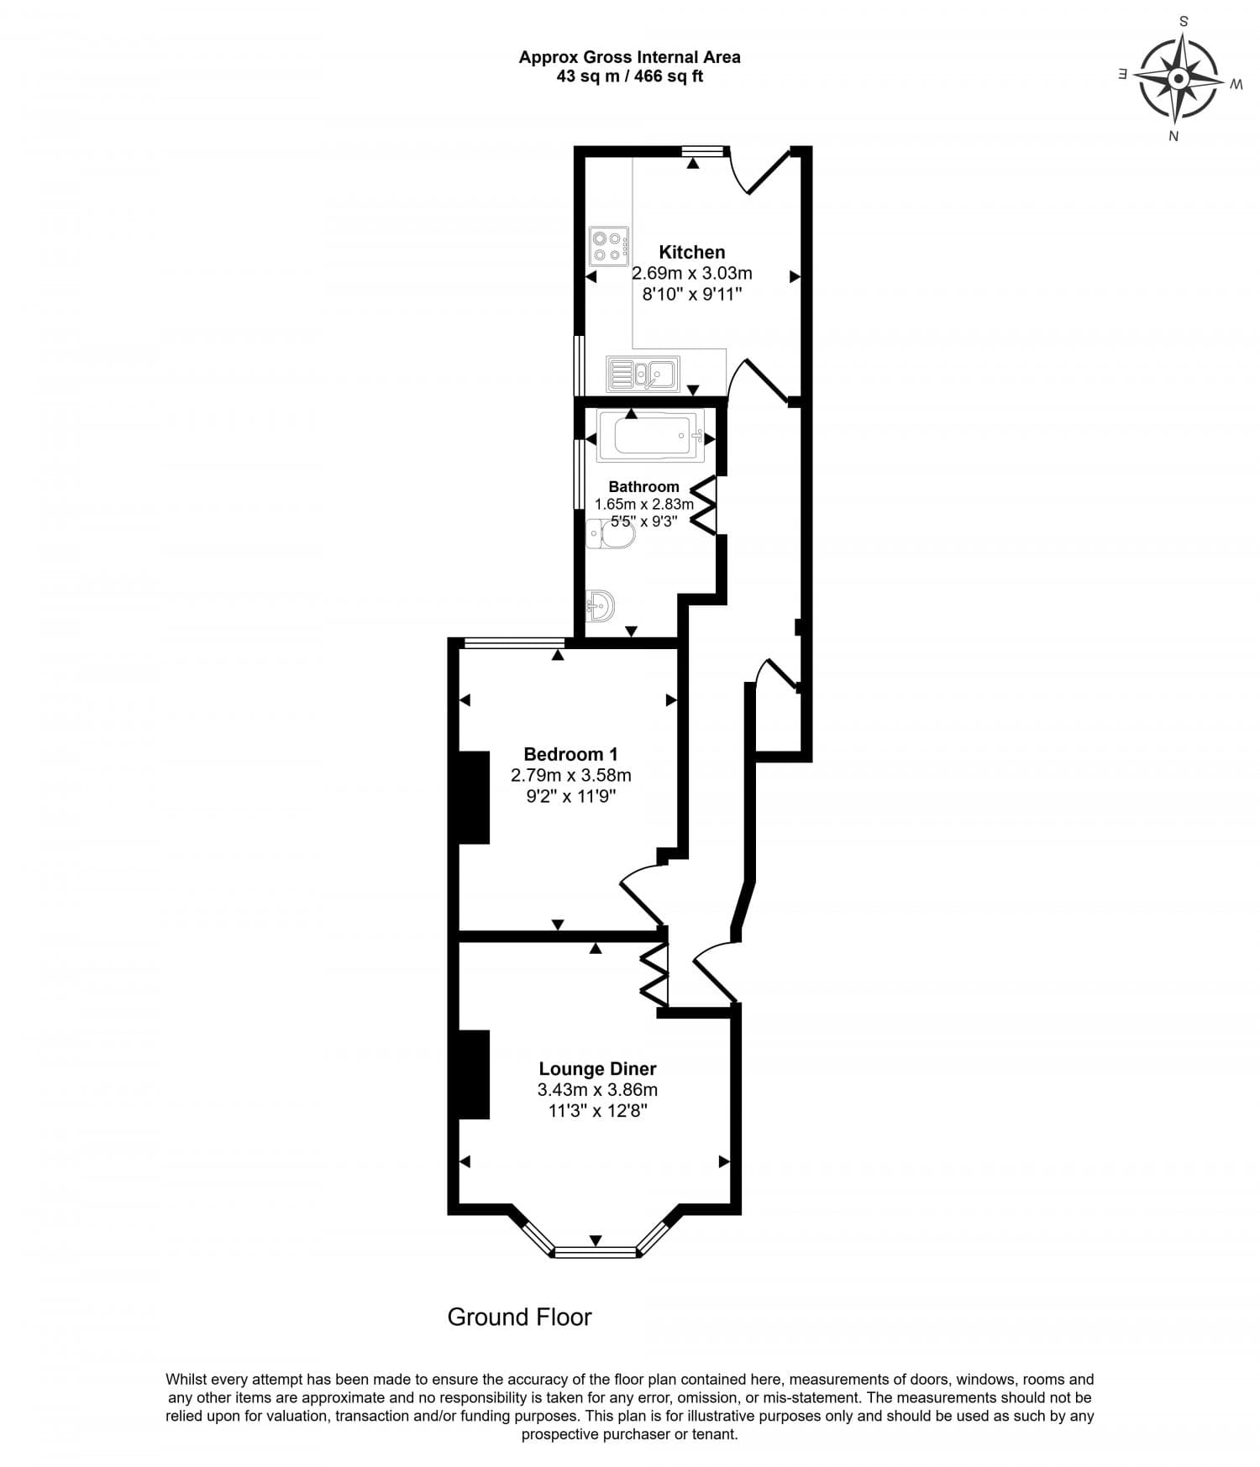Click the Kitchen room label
[x=691, y=252]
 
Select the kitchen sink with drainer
[x=643, y=374]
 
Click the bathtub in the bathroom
[x=651, y=437]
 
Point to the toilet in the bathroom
[x=611, y=533]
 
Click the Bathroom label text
[x=643, y=487]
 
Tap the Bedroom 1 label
[x=570, y=754]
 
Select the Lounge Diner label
[x=597, y=1069]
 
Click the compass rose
[x=1178, y=79]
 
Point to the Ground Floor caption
[x=519, y=1317]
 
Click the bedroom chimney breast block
[x=474, y=797]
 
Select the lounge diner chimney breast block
[x=474, y=1075]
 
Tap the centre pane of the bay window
[x=596, y=1252]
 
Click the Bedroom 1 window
[x=513, y=644]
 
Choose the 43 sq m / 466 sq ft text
[x=629, y=76]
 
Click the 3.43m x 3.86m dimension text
[x=597, y=1090]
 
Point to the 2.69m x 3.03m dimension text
[x=691, y=273]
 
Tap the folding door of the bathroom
[x=704, y=505]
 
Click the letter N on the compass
[x=1173, y=136]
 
